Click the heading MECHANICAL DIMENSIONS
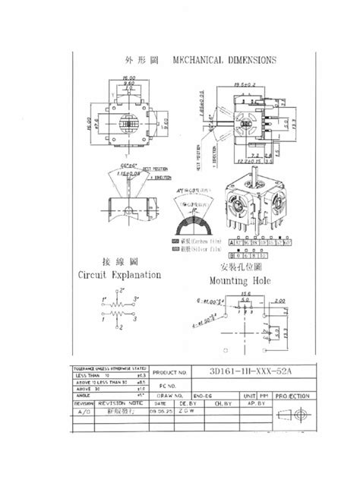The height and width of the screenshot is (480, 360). click(224, 60)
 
